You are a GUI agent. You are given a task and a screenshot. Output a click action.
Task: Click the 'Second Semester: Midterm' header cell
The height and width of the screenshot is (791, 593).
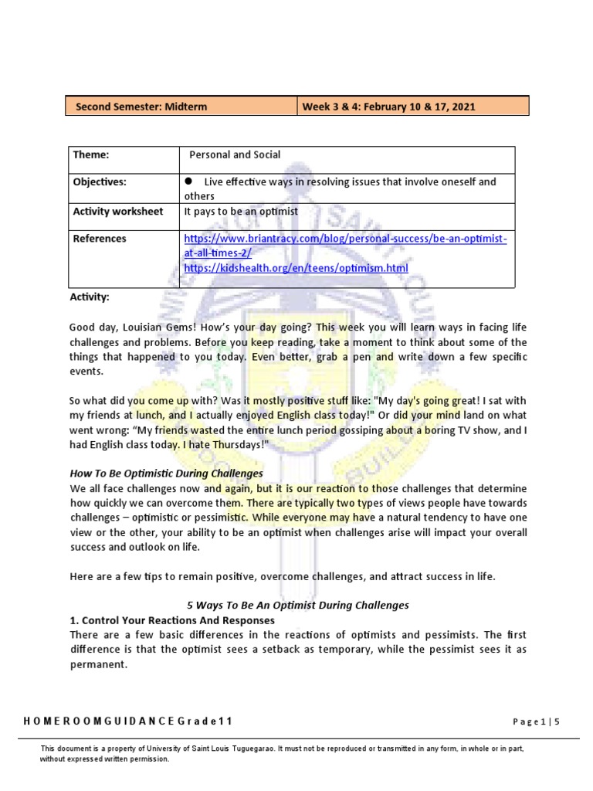141,107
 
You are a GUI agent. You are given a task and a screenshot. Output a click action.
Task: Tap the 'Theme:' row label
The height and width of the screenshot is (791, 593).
91,154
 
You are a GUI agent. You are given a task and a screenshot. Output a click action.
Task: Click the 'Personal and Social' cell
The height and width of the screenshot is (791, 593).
236,154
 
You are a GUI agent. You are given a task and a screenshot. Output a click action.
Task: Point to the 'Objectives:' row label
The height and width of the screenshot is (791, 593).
100,182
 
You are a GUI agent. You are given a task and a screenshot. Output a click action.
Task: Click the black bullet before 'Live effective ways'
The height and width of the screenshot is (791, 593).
188,182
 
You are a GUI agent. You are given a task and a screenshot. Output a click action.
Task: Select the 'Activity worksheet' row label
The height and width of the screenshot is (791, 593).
118,211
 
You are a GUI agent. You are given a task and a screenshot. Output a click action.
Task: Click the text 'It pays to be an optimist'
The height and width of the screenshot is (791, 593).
241,211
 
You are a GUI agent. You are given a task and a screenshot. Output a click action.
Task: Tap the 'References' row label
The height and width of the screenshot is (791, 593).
100,239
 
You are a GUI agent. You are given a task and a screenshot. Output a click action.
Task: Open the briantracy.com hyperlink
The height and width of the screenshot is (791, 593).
345,239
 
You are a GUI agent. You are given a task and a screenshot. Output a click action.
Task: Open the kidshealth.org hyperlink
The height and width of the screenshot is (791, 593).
296,268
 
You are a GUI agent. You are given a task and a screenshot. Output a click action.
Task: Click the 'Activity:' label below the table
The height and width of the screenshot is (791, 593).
90,297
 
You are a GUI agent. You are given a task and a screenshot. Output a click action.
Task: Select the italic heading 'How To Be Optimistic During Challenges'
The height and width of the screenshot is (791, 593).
167,473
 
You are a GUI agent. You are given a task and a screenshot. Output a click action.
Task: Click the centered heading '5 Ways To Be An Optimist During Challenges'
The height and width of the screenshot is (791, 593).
298,605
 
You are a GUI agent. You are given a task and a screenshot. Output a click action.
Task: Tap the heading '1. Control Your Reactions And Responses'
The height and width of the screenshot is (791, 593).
172,620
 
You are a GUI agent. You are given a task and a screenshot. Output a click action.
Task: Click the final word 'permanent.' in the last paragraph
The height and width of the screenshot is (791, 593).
97,664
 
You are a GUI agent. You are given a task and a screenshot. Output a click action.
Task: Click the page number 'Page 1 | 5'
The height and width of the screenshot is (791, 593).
536,721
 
